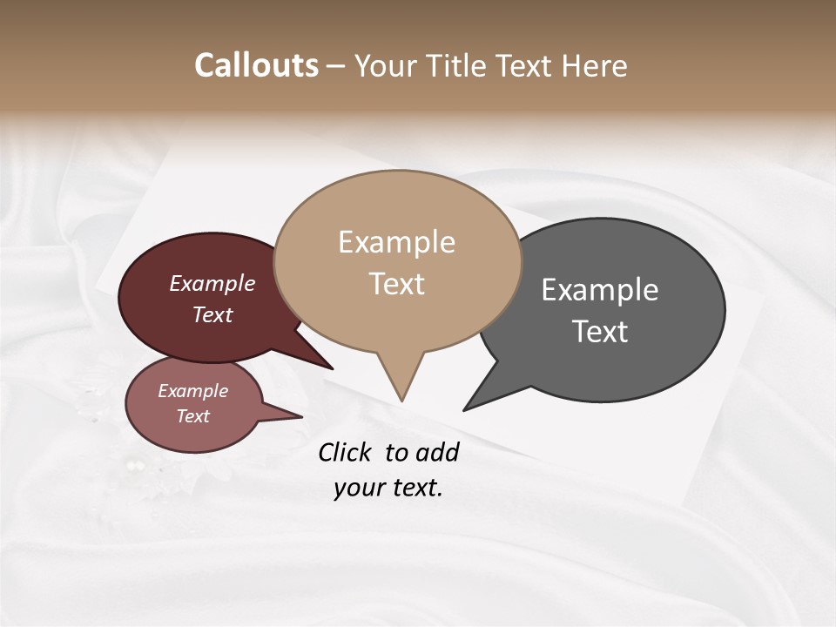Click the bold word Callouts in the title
256,65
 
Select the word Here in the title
595,65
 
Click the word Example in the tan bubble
396,242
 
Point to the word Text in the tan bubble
396,284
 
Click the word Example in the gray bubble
600,289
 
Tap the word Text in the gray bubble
600,332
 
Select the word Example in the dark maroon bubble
212,283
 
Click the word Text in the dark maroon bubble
212,314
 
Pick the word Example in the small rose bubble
192,391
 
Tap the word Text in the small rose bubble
192,416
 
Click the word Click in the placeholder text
345,452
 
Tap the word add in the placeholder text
437,452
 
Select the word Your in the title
385,65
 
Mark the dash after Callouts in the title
335,67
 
